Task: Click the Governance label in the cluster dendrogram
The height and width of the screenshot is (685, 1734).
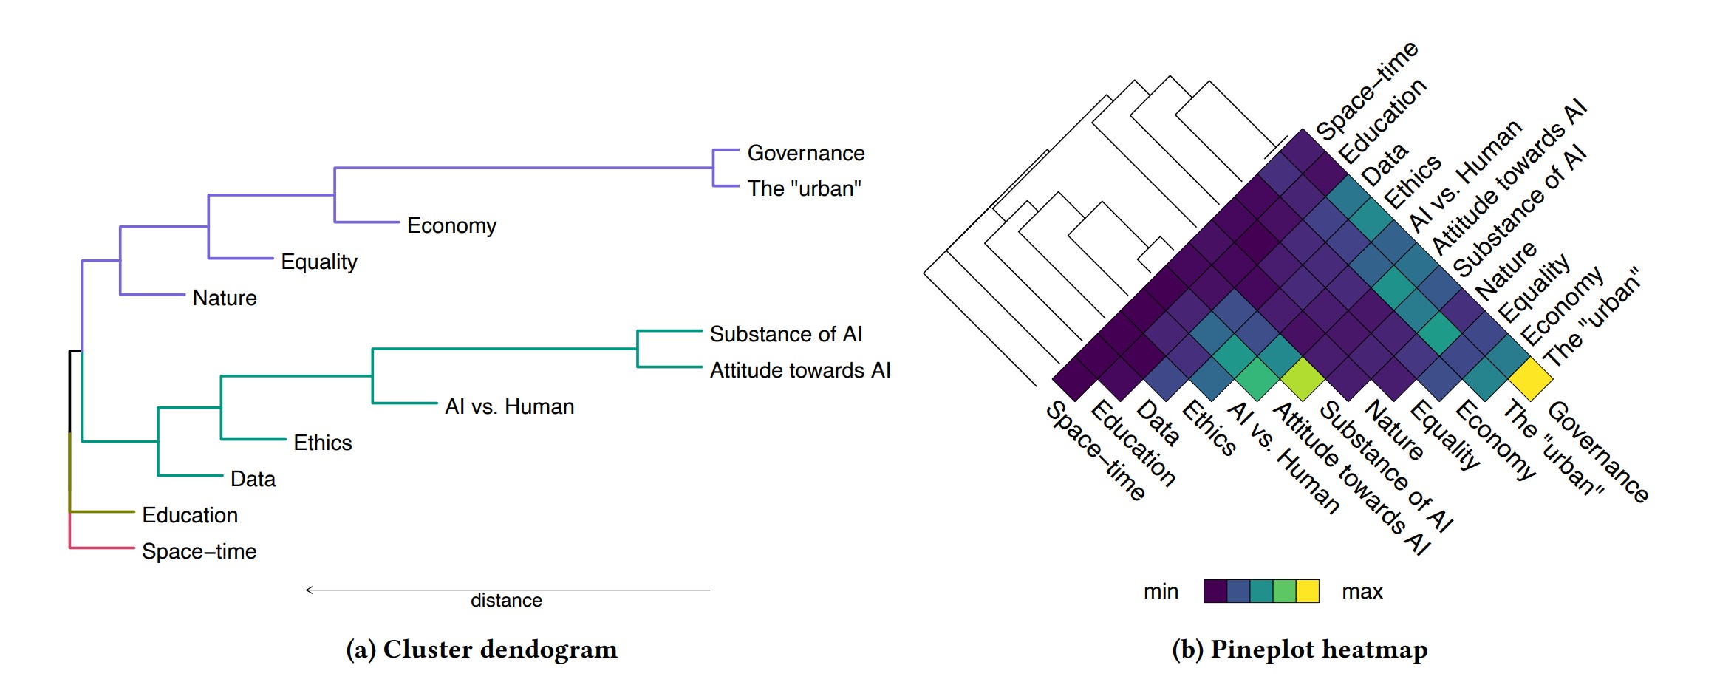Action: tap(805, 153)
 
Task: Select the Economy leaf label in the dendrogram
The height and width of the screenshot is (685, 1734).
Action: tap(451, 225)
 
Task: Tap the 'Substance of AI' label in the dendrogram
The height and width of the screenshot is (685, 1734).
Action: tap(785, 334)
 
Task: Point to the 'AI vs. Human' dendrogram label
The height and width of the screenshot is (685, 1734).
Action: tap(509, 406)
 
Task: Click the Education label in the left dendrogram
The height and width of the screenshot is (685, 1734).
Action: tap(190, 515)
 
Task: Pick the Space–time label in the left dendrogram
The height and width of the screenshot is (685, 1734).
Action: tap(199, 551)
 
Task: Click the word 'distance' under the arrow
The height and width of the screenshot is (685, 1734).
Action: tap(506, 601)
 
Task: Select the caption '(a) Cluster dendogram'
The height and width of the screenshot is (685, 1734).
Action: tap(481, 650)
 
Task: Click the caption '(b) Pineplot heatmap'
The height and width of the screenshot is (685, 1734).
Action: tap(1299, 650)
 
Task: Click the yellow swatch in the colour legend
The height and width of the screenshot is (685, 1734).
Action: tap(1308, 591)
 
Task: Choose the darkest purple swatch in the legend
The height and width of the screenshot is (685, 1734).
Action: tap(1215, 591)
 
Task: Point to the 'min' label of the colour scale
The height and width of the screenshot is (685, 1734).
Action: tap(1161, 592)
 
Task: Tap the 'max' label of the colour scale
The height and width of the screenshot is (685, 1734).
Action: tap(1362, 592)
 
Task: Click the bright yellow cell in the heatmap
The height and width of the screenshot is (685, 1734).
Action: tap(1530, 379)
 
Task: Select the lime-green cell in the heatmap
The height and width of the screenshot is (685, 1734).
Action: tap(1303, 379)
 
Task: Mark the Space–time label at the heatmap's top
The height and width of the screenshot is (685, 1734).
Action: tap(1367, 91)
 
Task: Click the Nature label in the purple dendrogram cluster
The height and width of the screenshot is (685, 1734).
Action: tap(225, 298)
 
